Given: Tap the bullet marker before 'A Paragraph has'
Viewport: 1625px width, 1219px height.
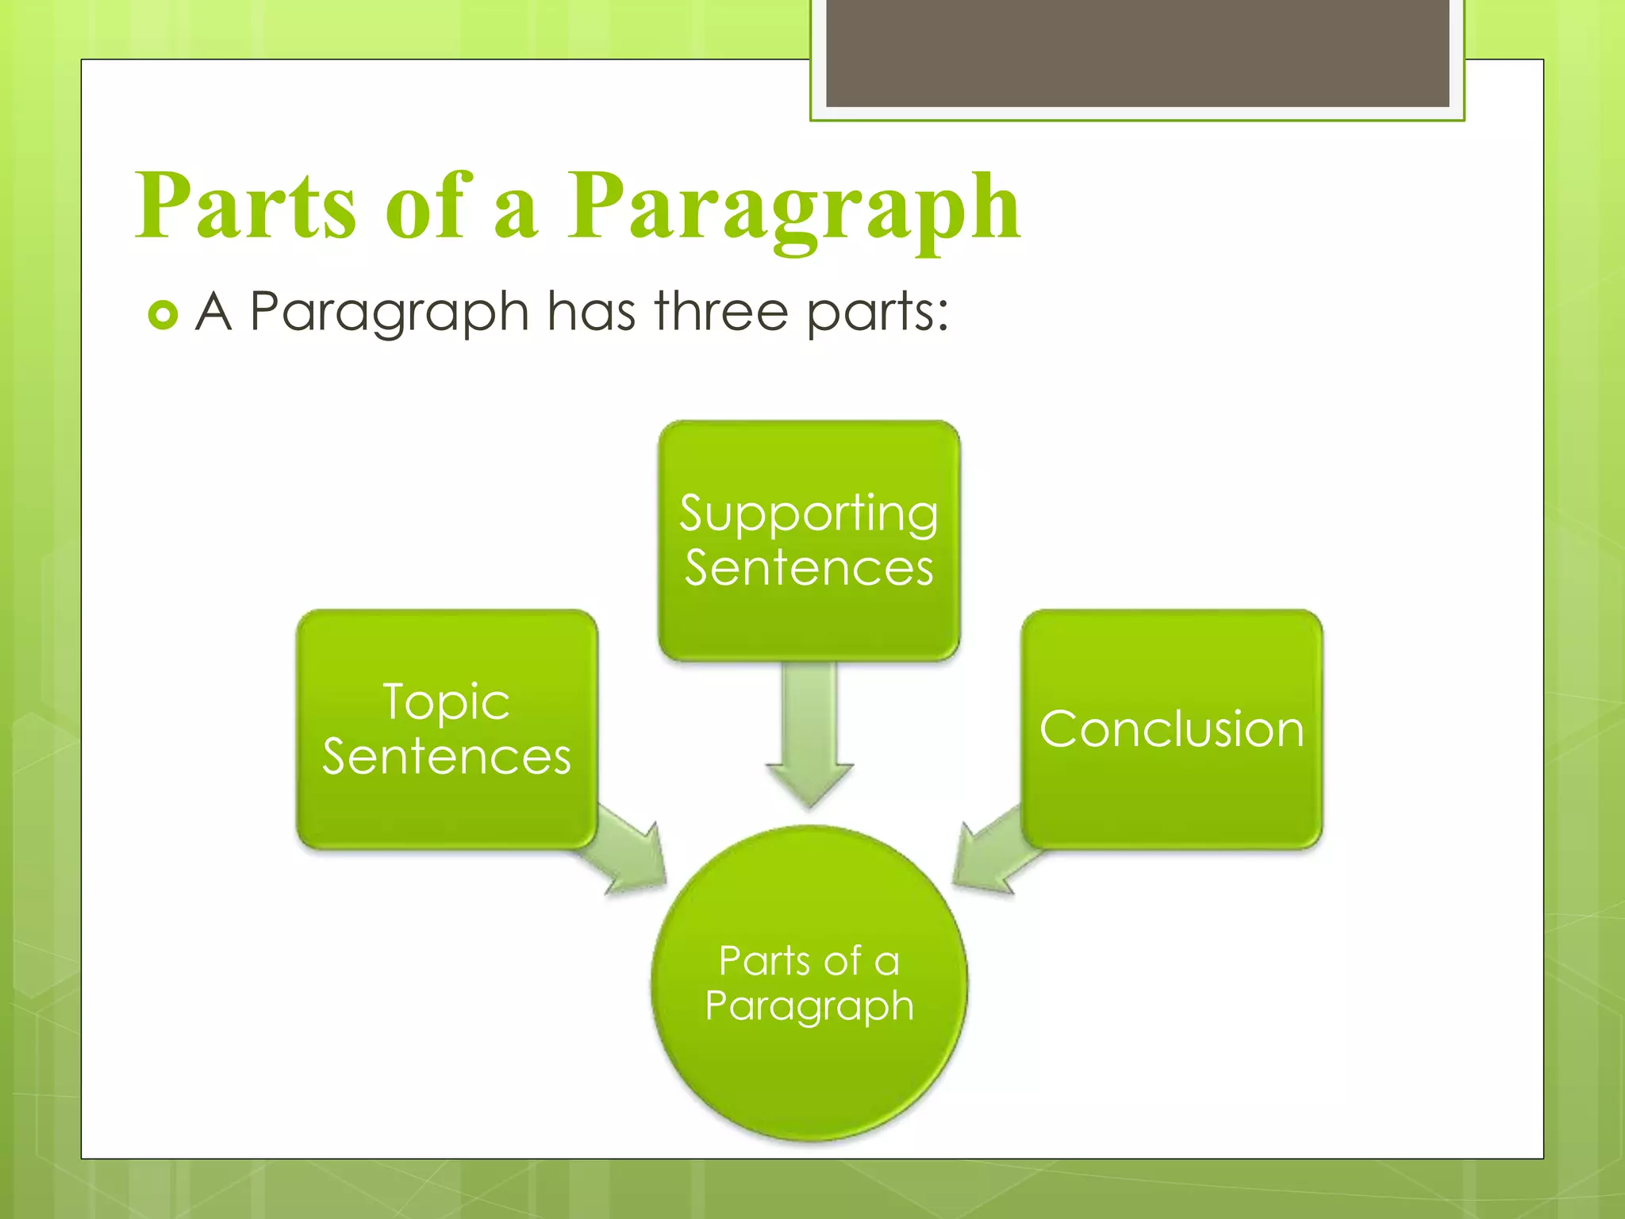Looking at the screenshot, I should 163,315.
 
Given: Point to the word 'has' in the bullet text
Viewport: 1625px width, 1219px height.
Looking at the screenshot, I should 591,311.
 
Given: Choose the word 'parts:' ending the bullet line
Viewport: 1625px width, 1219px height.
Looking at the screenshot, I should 878,313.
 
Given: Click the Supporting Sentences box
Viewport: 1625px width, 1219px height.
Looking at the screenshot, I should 809,540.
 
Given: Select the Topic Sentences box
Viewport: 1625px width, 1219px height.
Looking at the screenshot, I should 446,729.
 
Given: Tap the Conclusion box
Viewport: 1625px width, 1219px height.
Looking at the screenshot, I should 1171,729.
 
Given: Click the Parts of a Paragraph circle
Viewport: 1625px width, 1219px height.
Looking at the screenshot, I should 809,984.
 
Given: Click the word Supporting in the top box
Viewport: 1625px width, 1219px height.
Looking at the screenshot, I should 809,514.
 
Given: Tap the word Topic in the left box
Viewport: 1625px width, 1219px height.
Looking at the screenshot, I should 446,702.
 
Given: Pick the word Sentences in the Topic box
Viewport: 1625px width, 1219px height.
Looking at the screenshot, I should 446,756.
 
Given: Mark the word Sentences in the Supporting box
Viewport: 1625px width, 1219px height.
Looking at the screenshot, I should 809,568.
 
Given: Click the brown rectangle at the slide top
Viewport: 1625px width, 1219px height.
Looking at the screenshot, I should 1137,52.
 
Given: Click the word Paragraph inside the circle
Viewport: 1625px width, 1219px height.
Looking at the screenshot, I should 809,1006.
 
